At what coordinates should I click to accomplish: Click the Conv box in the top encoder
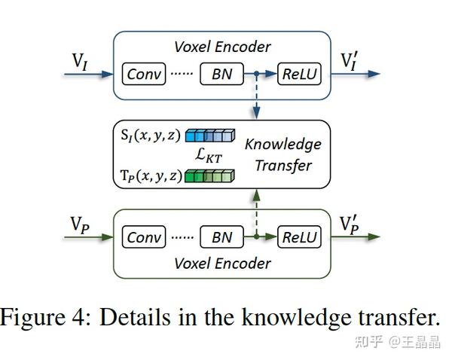(143, 75)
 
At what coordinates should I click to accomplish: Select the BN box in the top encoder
(222, 75)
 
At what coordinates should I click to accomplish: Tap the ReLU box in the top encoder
(300, 75)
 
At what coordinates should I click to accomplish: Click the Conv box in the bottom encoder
(143, 237)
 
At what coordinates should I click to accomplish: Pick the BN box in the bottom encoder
(222, 237)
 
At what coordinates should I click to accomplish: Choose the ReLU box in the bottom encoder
(300, 237)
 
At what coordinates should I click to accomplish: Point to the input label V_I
(81, 61)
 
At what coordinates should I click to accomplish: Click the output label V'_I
(351, 60)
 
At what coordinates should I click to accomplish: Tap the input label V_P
(81, 224)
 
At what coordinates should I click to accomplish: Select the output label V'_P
(351, 224)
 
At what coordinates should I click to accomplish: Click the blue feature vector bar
(210, 137)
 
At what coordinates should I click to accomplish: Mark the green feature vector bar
(210, 177)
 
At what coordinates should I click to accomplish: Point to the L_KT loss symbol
(209, 157)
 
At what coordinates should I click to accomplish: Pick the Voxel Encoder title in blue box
(221, 47)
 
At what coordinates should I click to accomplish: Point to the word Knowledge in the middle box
(283, 144)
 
